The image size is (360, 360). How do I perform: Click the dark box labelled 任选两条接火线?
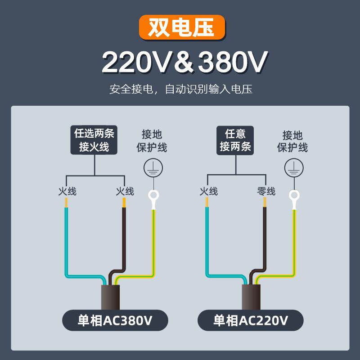point(94,140)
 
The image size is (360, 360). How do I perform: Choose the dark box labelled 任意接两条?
point(235,140)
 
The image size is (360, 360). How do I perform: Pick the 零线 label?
point(265,191)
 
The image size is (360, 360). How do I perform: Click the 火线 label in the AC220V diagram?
point(208,191)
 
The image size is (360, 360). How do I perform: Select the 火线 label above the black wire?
point(125,191)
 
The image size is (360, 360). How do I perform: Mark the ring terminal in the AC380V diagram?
point(153,197)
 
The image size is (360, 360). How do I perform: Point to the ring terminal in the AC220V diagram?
point(294,197)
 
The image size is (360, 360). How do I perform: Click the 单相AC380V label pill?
point(115,320)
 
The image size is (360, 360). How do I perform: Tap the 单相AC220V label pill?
point(251,320)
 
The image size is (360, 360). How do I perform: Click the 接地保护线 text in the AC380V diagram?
point(152,141)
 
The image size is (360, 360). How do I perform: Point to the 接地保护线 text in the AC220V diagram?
point(292,141)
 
